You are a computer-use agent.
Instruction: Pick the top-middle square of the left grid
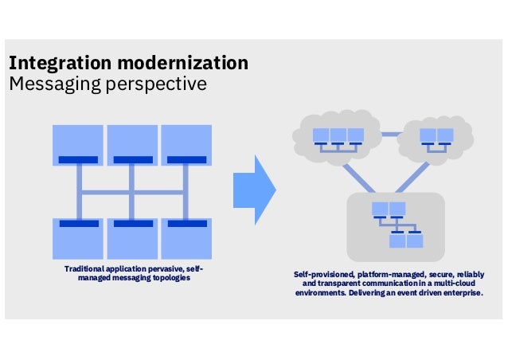pos(132,144)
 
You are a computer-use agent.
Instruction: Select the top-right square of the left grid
pos(186,144)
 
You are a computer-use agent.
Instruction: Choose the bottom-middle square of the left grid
pos(132,238)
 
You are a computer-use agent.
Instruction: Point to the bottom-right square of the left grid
pos(186,238)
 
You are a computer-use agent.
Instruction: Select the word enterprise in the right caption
pos(463,292)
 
